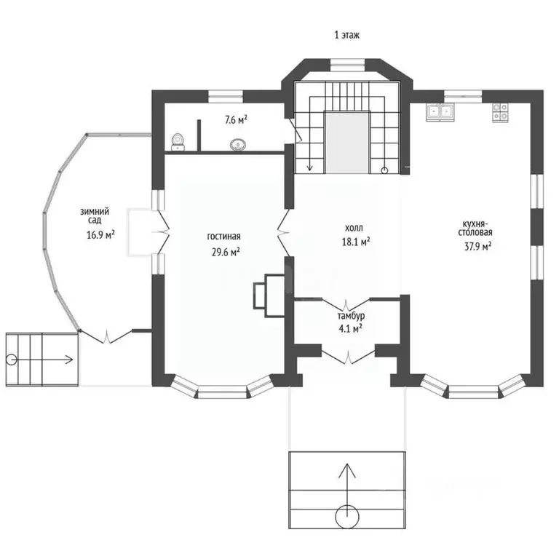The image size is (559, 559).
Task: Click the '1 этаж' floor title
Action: (346, 34)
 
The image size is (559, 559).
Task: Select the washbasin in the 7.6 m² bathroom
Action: (237, 145)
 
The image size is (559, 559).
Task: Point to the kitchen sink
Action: (440, 112)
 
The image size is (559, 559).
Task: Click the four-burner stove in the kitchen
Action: (501, 111)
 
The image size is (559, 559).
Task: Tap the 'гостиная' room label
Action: (223, 237)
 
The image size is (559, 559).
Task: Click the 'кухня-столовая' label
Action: (477, 227)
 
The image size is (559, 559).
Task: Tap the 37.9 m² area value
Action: (477, 246)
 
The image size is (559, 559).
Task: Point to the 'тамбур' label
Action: (350, 317)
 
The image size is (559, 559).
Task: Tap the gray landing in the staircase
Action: (346, 142)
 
